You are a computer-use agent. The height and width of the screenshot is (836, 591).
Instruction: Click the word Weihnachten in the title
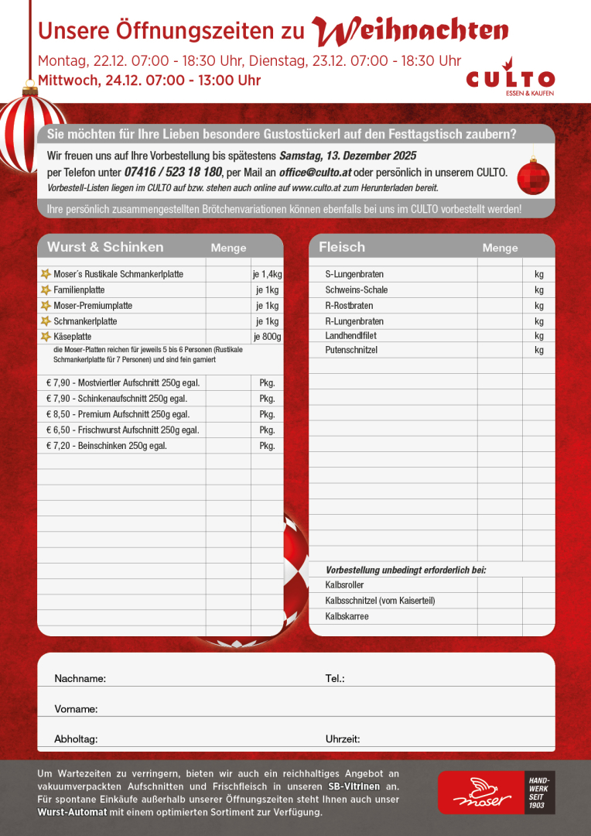click(x=411, y=30)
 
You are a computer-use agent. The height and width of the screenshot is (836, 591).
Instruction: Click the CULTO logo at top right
click(x=511, y=80)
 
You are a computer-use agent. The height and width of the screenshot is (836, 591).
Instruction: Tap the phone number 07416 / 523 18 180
click(x=173, y=172)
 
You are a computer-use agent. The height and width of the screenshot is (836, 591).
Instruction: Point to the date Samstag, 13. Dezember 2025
click(x=347, y=156)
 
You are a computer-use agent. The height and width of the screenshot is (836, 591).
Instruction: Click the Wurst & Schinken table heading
click(x=105, y=247)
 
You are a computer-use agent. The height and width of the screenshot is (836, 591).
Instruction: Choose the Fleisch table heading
click(x=342, y=247)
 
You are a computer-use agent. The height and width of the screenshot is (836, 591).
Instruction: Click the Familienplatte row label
click(x=79, y=290)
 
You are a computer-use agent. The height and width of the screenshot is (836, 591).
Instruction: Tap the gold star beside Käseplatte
click(x=46, y=337)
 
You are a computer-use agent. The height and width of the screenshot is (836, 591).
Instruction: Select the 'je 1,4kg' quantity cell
click(x=267, y=274)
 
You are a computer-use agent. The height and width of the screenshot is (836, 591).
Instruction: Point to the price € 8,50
click(x=59, y=414)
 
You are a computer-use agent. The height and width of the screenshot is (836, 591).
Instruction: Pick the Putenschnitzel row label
click(x=351, y=351)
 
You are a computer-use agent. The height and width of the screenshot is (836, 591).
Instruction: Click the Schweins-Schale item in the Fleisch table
click(x=357, y=290)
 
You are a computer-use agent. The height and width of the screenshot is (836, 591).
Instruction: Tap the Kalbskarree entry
click(x=347, y=617)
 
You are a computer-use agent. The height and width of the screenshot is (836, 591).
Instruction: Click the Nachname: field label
click(x=80, y=679)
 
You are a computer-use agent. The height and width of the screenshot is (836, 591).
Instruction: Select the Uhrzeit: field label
click(x=343, y=739)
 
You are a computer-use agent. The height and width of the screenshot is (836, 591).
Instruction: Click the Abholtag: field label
click(x=76, y=739)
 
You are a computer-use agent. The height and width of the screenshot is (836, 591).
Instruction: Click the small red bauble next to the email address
click(x=532, y=176)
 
